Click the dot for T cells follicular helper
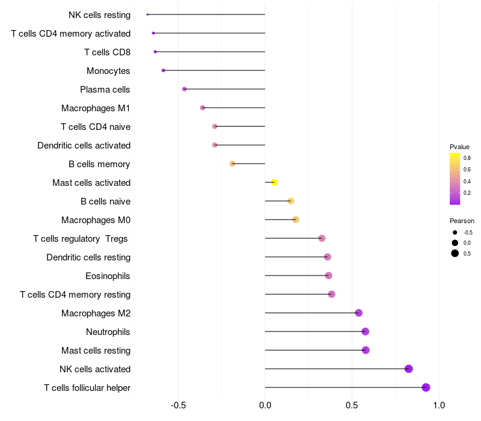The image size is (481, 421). tap(426, 387)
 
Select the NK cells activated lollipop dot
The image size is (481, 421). tap(409, 369)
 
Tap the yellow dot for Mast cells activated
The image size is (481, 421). tap(274, 182)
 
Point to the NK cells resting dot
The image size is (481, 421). tap(147, 14)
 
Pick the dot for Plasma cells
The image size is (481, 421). tap(185, 89)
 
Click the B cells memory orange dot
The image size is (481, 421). tap(233, 164)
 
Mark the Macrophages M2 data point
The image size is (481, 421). tap(358, 313)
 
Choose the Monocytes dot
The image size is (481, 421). tap(163, 70)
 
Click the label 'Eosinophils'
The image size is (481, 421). tap(108, 276)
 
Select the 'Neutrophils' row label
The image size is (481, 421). tap(108, 332)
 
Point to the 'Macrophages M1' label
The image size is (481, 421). tap(96, 108)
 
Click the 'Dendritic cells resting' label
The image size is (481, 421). tap(88, 257)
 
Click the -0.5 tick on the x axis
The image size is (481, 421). tap(179, 405)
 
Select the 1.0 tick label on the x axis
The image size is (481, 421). tap(439, 405)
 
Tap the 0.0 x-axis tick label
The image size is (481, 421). tap(265, 405)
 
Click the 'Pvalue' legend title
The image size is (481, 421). tap(459, 147)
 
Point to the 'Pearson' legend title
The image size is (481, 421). tap(462, 221)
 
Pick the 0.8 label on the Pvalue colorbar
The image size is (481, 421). tap(467, 158)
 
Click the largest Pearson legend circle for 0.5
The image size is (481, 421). tap(455, 253)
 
